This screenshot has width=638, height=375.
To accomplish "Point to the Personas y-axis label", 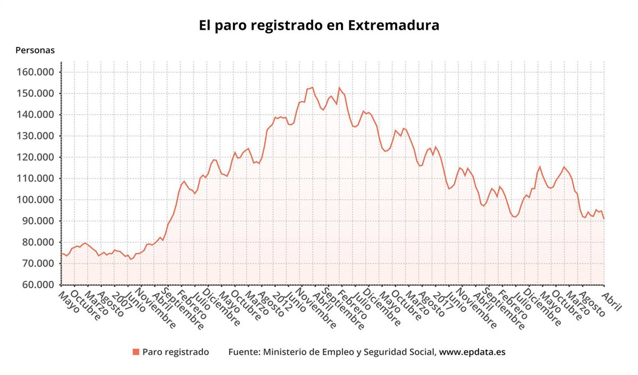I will (x=35, y=51).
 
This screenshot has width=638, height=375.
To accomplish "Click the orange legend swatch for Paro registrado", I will (x=136, y=352).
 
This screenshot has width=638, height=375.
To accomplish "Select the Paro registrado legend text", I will (x=175, y=352).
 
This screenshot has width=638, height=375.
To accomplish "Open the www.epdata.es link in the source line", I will (x=472, y=352).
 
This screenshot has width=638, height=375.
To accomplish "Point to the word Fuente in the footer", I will (x=243, y=352).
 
